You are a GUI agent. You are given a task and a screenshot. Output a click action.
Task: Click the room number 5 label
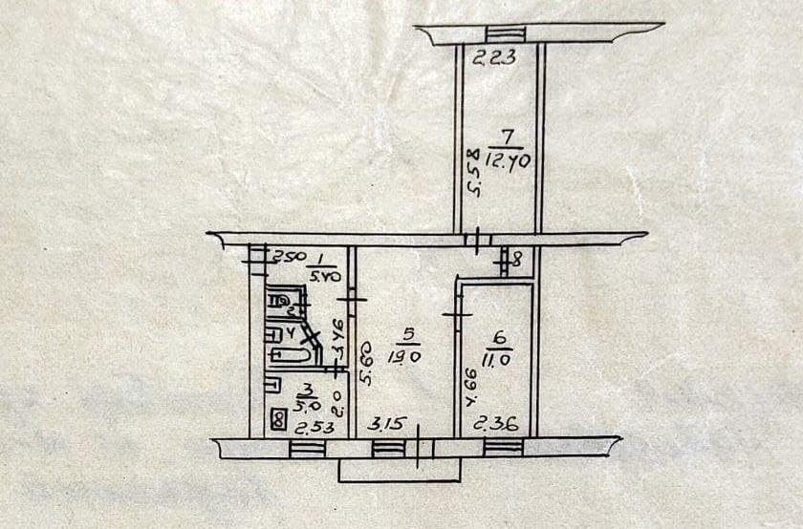[408, 335]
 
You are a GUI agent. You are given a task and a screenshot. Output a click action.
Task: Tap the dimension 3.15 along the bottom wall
[387, 423]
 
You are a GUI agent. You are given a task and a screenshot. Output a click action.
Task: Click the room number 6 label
[497, 337]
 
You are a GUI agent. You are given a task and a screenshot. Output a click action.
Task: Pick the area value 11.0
[498, 359]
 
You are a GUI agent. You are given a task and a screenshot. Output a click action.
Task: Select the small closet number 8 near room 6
[515, 257]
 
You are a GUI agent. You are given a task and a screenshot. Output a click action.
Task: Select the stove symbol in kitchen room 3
[278, 418]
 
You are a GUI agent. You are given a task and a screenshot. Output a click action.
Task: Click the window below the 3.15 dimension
[387, 447]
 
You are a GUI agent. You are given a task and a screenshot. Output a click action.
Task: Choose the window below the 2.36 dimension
[503, 446]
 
